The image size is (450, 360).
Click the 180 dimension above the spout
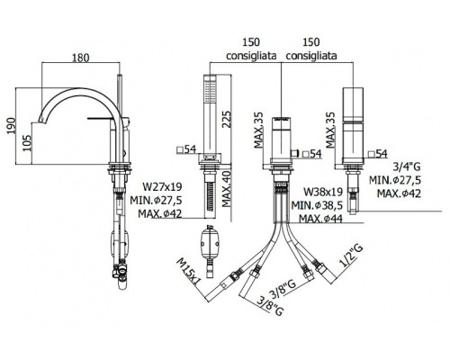tap(80, 58)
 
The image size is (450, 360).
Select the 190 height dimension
tap(11, 126)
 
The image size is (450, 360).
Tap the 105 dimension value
tap(27, 143)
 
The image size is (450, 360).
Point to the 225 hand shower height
tap(227, 120)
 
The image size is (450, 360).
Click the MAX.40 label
tap(227, 189)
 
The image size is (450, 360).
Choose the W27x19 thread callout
tap(162, 186)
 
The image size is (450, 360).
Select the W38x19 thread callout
tap(323, 192)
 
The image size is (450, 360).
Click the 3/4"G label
tap(407, 166)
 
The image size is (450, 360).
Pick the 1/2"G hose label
tap(351, 256)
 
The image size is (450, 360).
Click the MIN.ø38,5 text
tap(317, 205)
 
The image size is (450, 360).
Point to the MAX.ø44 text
tap(320, 219)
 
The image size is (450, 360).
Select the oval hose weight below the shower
tap(210, 242)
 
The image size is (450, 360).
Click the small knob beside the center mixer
tap(295, 153)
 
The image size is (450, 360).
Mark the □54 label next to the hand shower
tap(186, 149)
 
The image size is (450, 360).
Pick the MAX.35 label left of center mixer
tap(258, 130)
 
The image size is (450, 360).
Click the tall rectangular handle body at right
tap(353, 125)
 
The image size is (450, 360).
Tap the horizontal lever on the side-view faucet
tap(102, 118)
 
